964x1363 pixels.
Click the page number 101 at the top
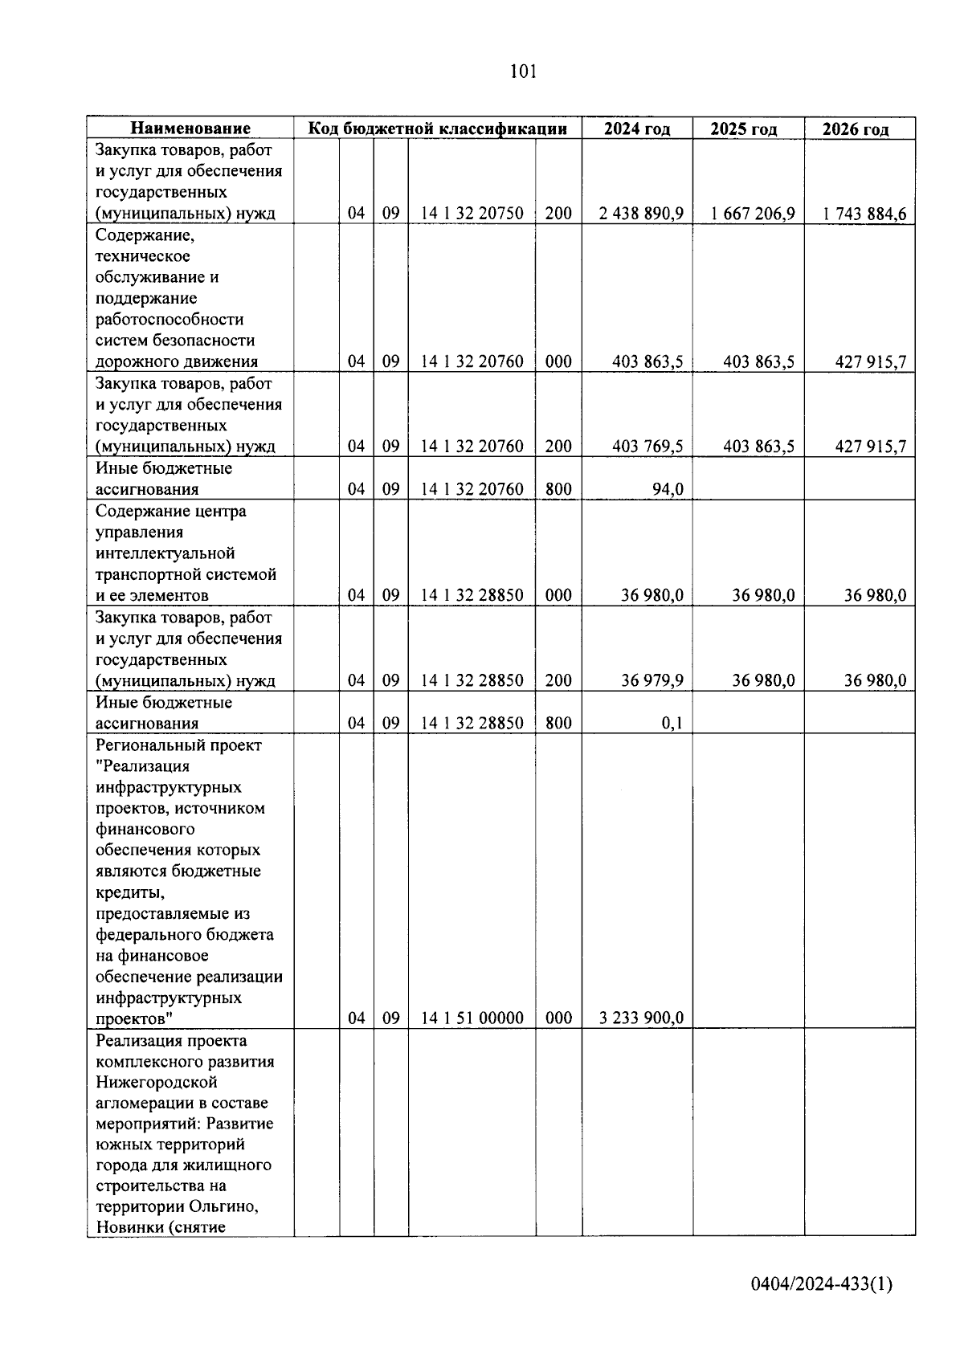click(x=523, y=72)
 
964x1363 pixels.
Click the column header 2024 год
click(x=637, y=129)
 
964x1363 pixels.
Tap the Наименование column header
click(x=190, y=129)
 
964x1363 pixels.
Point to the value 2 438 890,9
click(x=641, y=214)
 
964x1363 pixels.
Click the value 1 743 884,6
click(x=864, y=214)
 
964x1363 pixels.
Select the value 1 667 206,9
click(x=753, y=214)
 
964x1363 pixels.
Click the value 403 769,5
click(x=647, y=447)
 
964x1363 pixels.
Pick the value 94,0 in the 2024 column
click(x=667, y=490)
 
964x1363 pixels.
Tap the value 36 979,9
click(x=652, y=681)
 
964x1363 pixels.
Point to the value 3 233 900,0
click(x=641, y=1018)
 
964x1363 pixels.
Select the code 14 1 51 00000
click(x=472, y=1018)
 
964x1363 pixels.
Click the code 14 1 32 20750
click(x=472, y=214)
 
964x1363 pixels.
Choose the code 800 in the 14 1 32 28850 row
click(x=558, y=724)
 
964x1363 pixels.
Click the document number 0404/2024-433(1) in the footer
click(x=821, y=1284)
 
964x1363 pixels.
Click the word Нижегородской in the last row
click(x=157, y=1082)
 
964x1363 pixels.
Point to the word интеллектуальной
click(x=165, y=553)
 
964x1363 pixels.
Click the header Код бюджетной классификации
click(x=439, y=129)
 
